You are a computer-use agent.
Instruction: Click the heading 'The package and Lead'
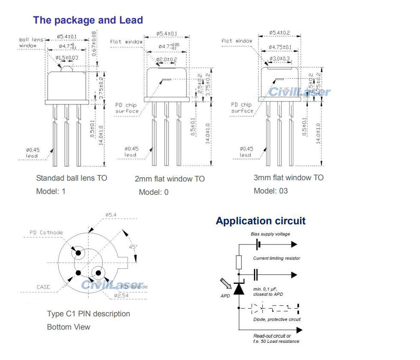point(88,20)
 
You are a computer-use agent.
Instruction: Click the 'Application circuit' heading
point(260,221)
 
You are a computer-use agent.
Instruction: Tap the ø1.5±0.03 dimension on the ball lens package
point(67,57)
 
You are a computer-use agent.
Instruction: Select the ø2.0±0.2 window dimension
point(166,60)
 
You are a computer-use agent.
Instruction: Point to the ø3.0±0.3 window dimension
point(279,59)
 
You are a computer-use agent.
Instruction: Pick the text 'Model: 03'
point(271,191)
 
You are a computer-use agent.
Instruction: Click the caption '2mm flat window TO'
point(170,179)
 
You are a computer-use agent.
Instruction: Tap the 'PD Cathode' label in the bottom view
point(46,232)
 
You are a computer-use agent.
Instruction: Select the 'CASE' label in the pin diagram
point(43,287)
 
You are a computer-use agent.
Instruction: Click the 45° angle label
point(134,247)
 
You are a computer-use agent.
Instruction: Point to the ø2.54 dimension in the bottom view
point(122,295)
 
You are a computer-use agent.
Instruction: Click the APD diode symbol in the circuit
point(239,289)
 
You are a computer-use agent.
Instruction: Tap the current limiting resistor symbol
point(239,262)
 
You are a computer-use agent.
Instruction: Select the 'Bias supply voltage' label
point(270,234)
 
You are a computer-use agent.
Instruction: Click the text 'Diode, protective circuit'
point(277,319)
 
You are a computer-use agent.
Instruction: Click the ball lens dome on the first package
point(66,68)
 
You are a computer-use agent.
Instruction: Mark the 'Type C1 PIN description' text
point(88,314)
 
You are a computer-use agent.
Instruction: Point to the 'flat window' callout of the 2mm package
point(126,42)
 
